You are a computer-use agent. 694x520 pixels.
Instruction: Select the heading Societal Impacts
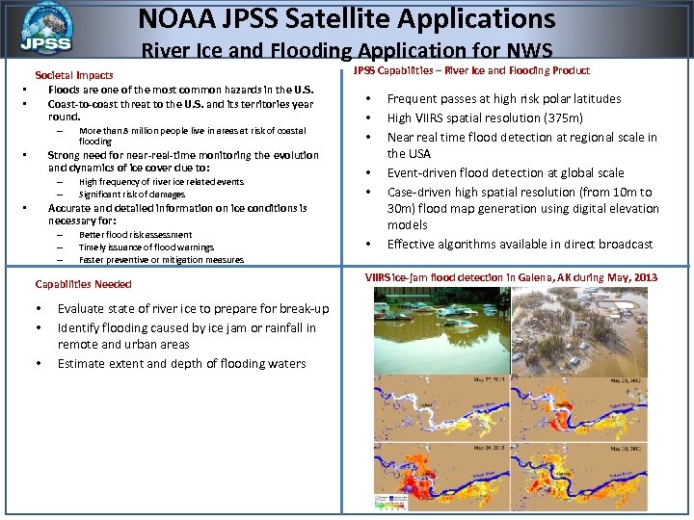tap(74, 75)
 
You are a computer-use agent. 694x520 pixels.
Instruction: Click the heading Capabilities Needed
tap(83, 284)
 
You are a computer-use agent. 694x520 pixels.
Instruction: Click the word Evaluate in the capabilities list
tap(83, 308)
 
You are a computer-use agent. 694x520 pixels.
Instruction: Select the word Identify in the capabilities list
tap(81, 327)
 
